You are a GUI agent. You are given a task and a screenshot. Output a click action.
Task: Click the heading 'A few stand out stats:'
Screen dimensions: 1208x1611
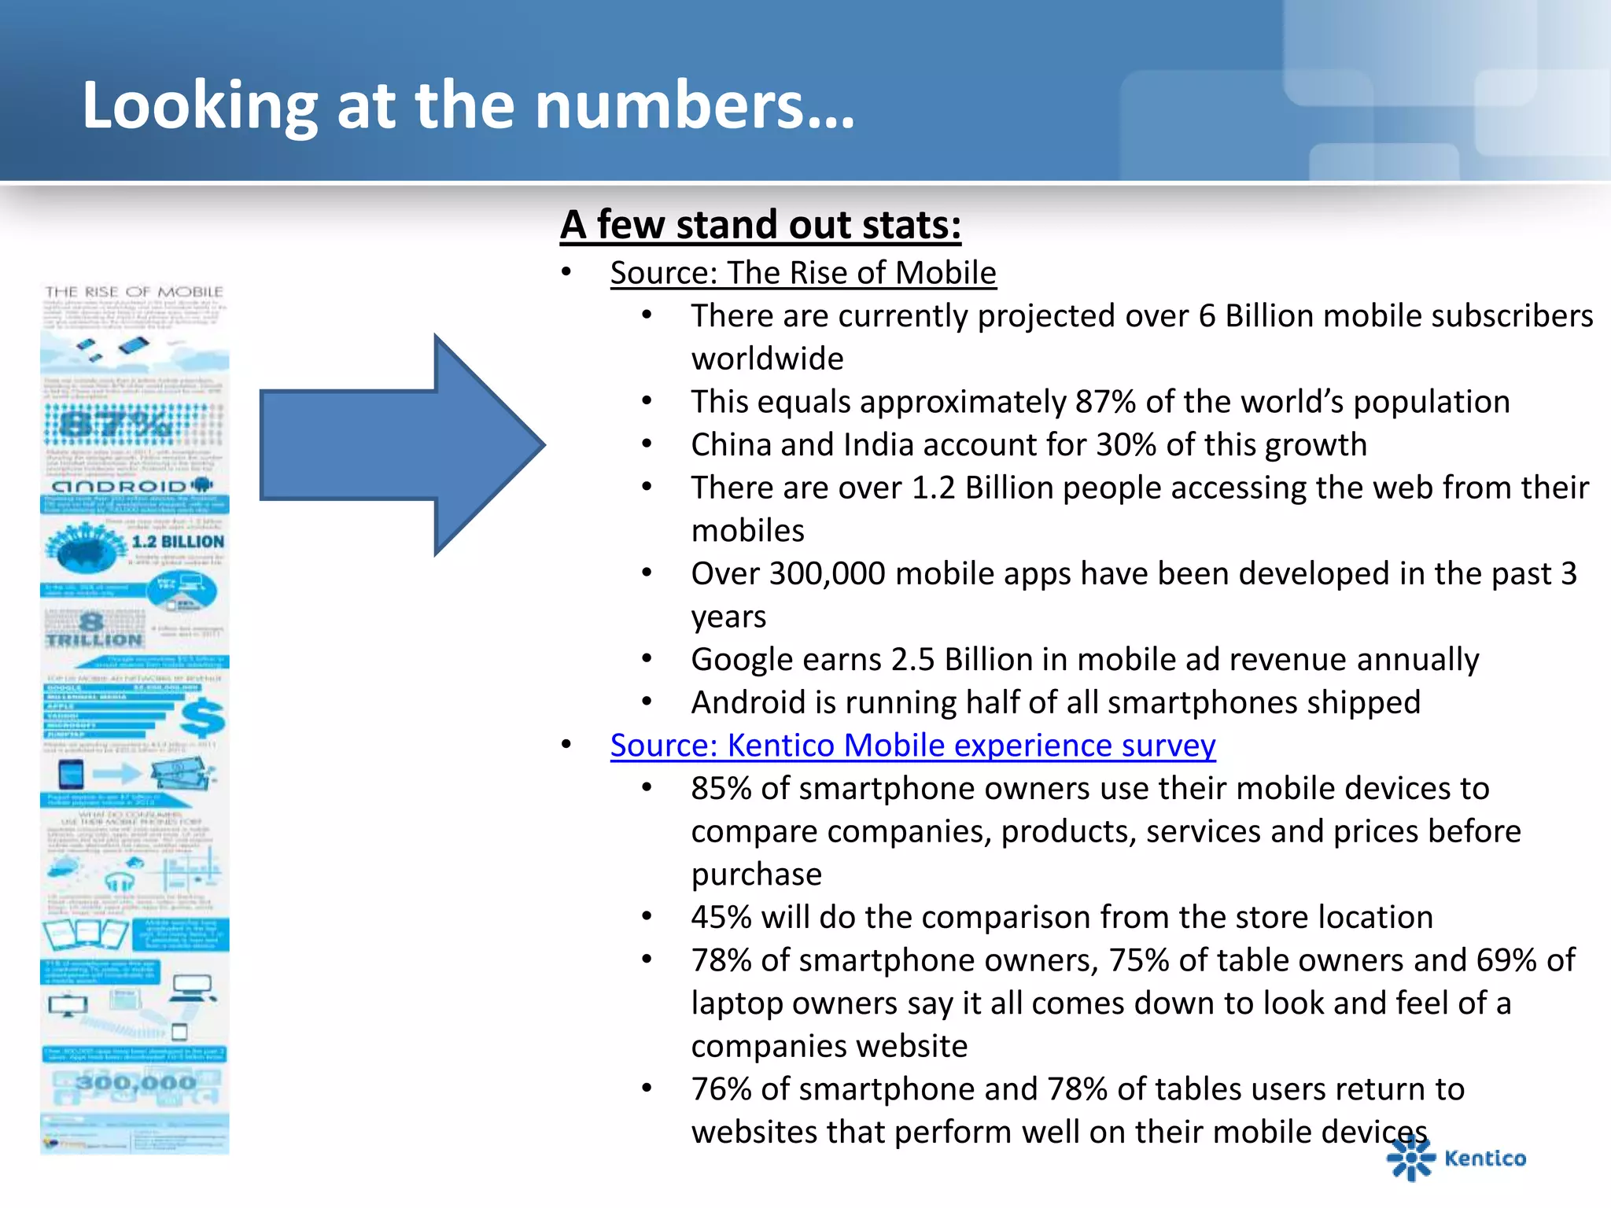click(x=760, y=225)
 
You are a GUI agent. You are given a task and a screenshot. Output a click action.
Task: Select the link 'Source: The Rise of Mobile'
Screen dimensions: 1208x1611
click(x=803, y=273)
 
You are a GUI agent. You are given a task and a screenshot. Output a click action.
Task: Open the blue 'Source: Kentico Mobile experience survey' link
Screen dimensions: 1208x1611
click(x=912, y=745)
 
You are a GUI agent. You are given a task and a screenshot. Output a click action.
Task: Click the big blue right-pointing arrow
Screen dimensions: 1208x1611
click(x=401, y=445)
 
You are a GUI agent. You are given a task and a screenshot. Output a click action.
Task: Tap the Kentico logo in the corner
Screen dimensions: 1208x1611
click(x=1455, y=1158)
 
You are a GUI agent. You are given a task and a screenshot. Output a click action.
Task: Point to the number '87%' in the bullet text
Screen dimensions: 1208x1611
click(x=1104, y=402)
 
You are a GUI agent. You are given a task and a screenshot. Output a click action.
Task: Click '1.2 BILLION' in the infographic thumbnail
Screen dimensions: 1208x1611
click(x=178, y=542)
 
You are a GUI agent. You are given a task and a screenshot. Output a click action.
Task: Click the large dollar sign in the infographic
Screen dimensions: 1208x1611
click(x=202, y=717)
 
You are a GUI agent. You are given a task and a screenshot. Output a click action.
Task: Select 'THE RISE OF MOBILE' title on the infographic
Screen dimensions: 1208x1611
click(x=135, y=292)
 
